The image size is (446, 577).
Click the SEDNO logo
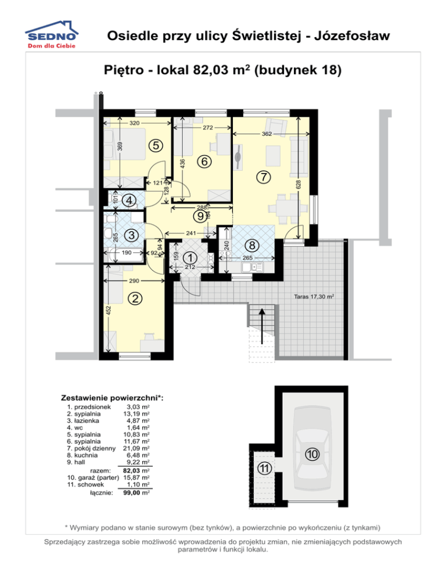pyautogui.click(x=52, y=35)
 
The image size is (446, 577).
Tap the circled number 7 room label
pyautogui.click(x=263, y=177)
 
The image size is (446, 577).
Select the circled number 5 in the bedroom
pyautogui.click(x=156, y=145)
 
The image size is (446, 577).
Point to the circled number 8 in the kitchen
pyautogui.click(x=252, y=245)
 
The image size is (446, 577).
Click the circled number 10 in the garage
pyautogui.click(x=312, y=454)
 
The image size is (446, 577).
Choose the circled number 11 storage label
pyautogui.click(x=264, y=468)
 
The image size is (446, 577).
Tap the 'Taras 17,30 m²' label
pyautogui.click(x=314, y=296)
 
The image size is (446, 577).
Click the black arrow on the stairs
pyautogui.click(x=262, y=326)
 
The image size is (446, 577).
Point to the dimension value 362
pyautogui.click(x=267, y=134)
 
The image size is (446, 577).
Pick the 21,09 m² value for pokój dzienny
pyautogui.click(x=136, y=448)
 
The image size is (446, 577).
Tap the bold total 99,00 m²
pyautogui.click(x=136, y=493)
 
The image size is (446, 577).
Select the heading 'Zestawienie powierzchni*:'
pyautogui.click(x=112, y=398)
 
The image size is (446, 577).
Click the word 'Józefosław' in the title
pyautogui.click(x=352, y=35)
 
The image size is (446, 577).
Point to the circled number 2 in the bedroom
pyautogui.click(x=135, y=298)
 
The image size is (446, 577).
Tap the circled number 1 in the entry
pyautogui.click(x=190, y=258)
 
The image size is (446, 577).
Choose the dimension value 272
pyautogui.click(x=208, y=128)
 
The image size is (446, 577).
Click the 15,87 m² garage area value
pyautogui.click(x=136, y=478)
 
